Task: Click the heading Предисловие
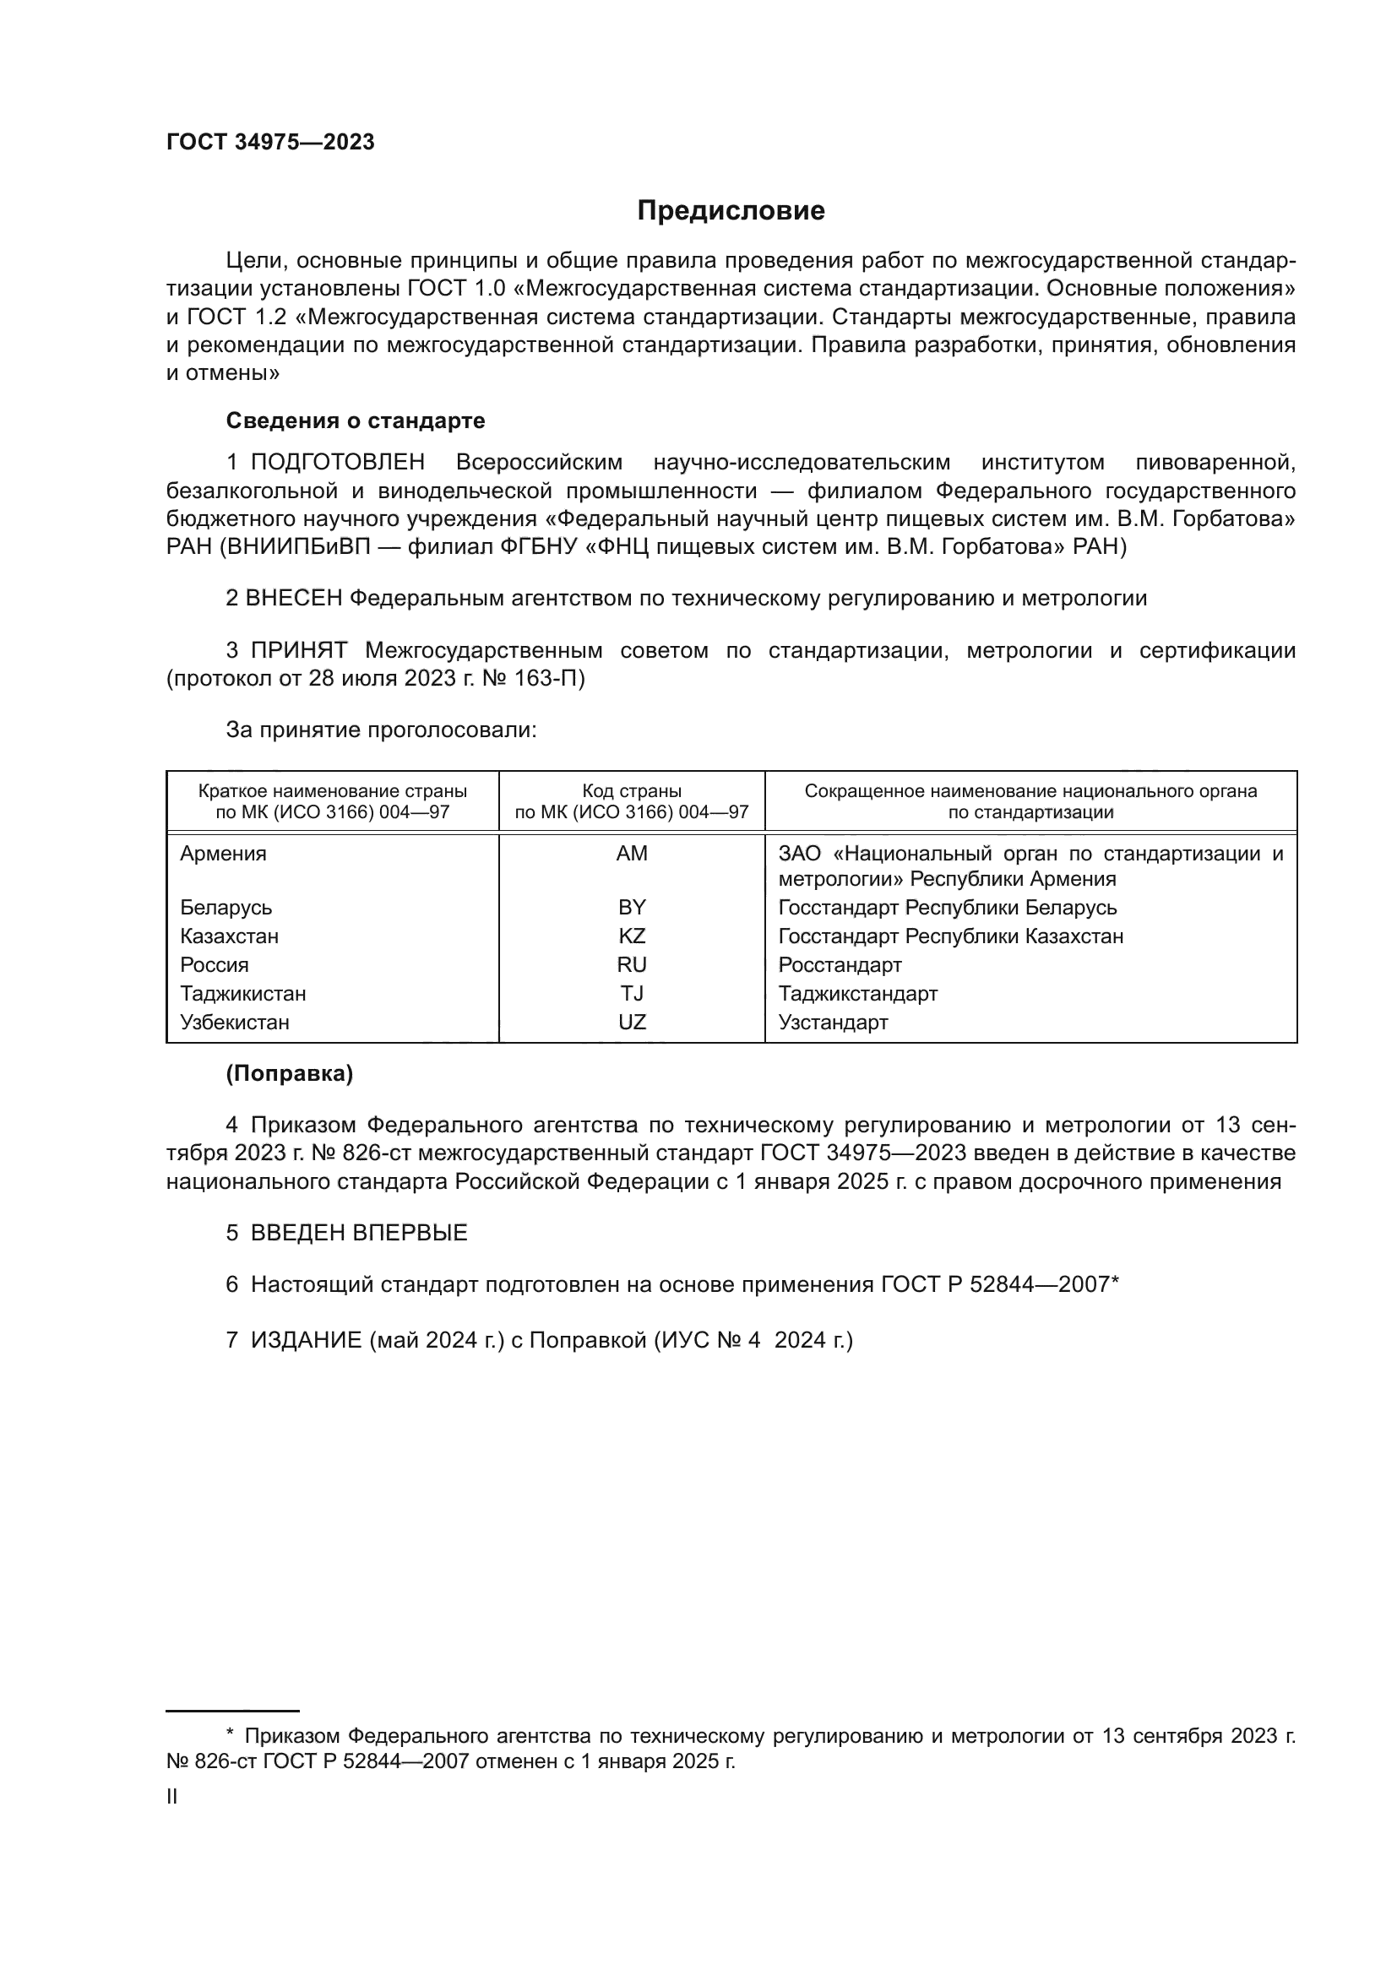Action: (731, 211)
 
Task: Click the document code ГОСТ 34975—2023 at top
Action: (270, 143)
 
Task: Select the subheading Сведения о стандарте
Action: (356, 421)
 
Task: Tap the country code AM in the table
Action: (632, 854)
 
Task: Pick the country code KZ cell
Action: (632, 936)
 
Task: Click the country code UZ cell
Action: (632, 1022)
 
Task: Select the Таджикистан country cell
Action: (242, 994)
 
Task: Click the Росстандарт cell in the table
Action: (840, 964)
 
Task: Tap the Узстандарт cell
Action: (833, 1022)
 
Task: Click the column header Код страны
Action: (632, 790)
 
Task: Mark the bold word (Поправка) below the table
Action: (289, 1073)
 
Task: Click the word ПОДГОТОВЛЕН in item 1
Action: (337, 463)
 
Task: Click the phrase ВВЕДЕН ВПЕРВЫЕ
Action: (359, 1233)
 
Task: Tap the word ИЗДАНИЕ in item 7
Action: (307, 1340)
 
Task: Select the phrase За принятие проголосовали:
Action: (381, 730)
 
